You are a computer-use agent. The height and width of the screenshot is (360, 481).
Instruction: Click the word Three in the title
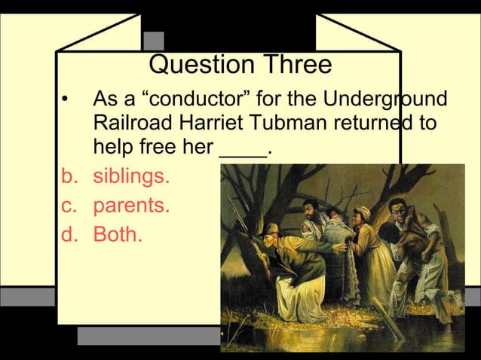pos(296,65)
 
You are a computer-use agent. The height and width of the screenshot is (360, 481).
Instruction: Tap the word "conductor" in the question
pos(197,99)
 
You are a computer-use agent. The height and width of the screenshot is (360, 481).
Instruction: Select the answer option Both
pos(117,234)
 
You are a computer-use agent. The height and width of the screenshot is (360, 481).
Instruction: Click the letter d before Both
pos(68,234)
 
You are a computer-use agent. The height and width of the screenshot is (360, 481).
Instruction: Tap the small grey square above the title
pos(154,41)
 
